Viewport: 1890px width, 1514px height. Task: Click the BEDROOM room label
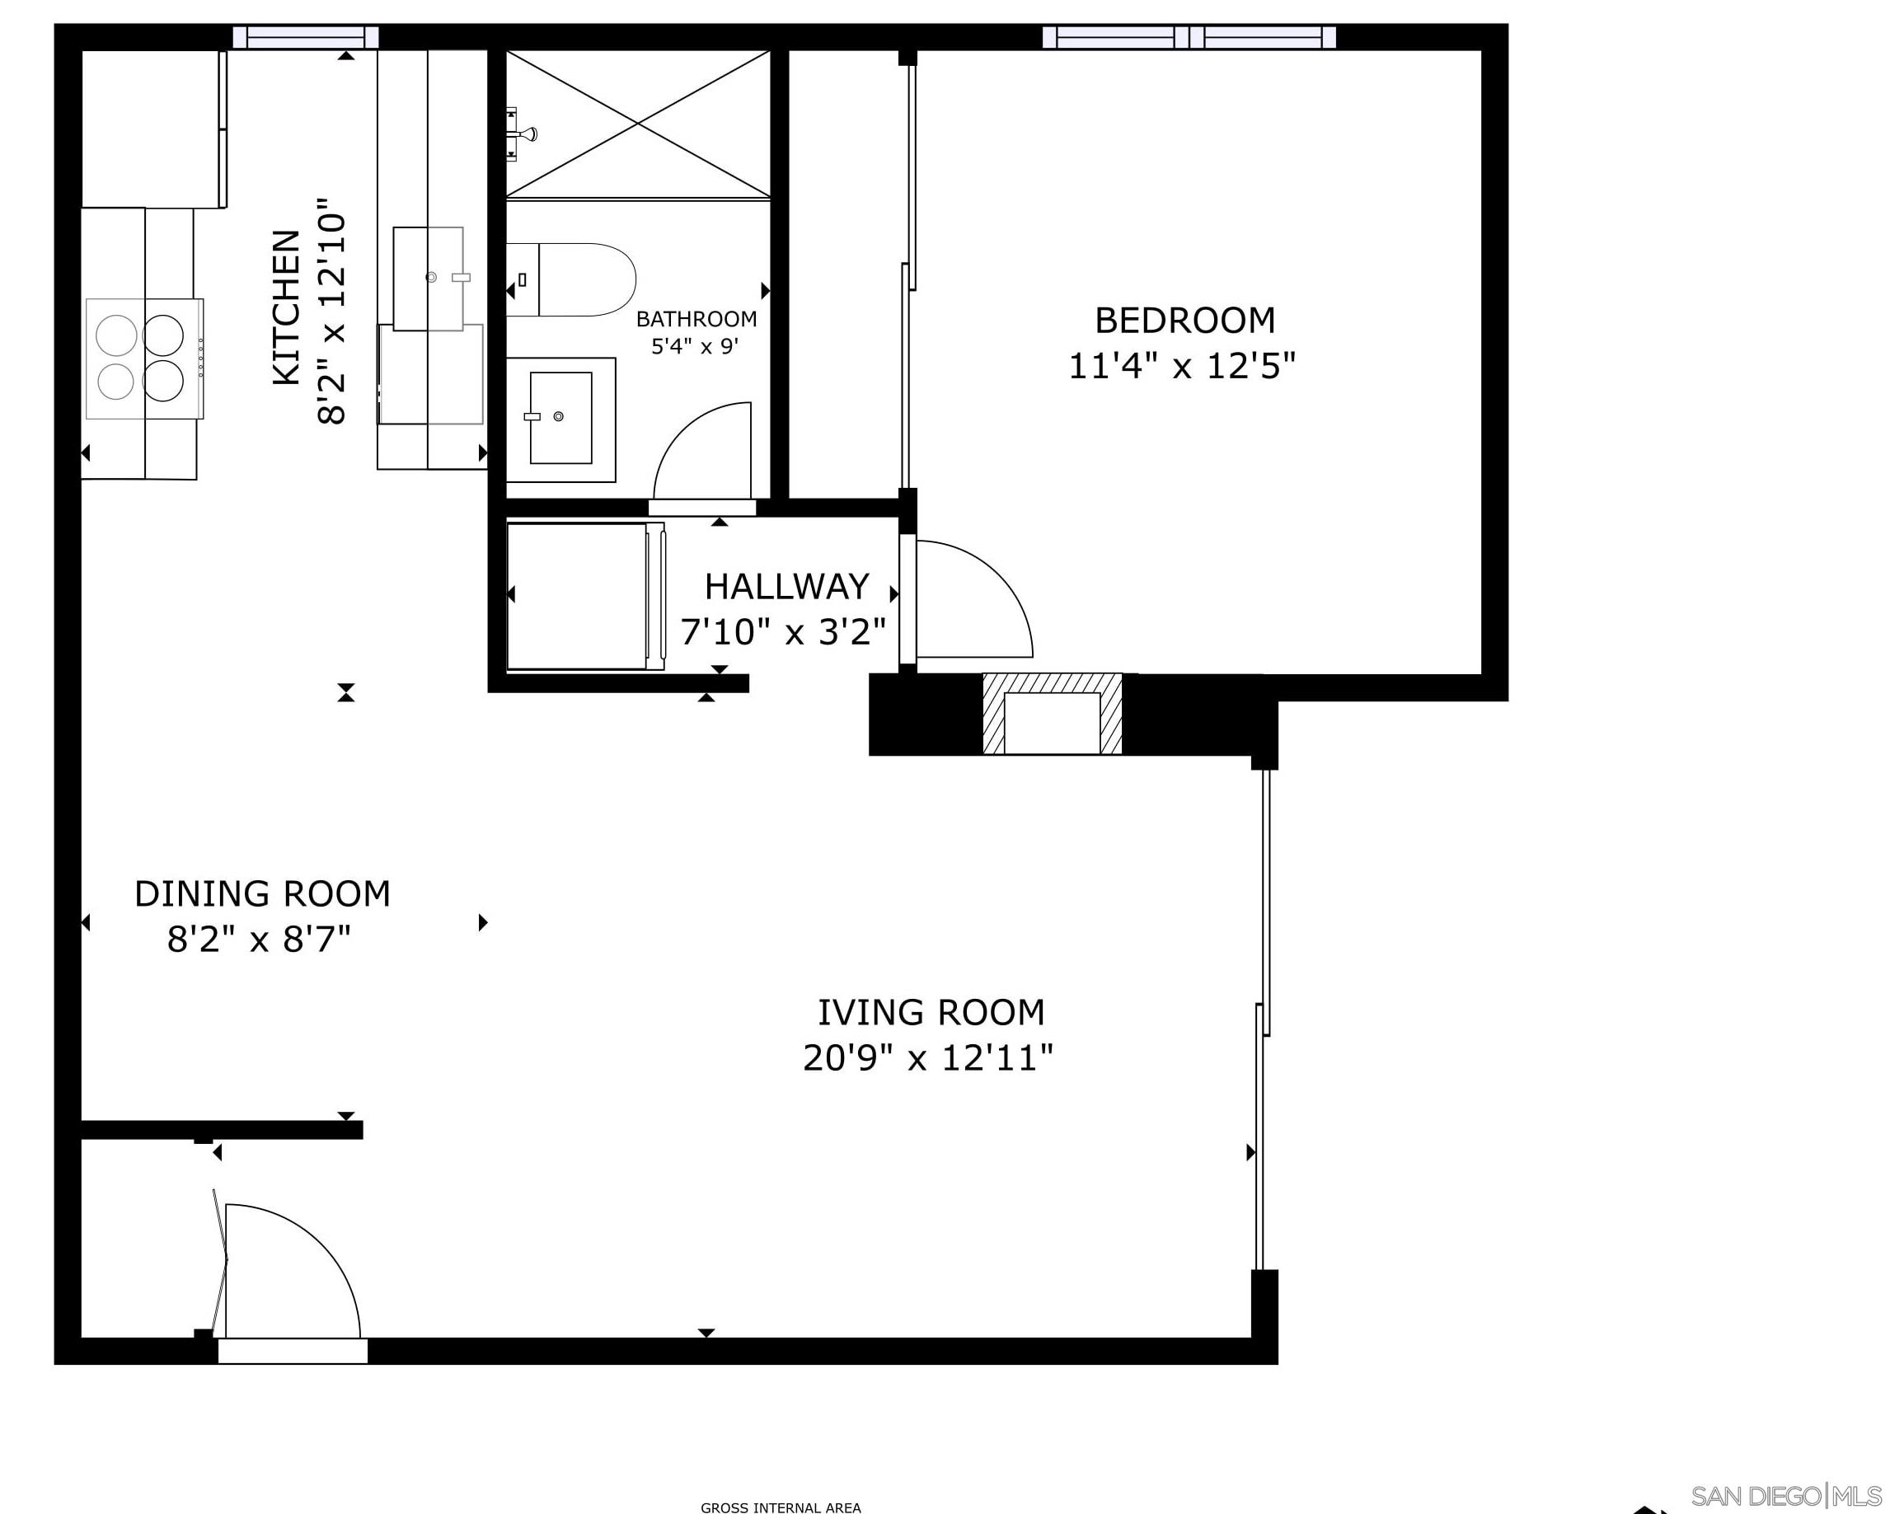(1184, 321)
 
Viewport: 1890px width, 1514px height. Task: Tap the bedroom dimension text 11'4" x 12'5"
(1182, 366)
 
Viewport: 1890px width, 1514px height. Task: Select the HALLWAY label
(786, 587)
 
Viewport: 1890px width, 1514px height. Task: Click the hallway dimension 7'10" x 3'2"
(783, 631)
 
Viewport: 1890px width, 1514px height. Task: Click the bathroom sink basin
(560, 417)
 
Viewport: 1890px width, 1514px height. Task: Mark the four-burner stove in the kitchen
(143, 359)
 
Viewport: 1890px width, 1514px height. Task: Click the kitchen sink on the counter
(429, 278)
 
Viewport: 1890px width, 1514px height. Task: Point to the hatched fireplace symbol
(1052, 714)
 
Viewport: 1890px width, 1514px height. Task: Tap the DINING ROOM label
(262, 894)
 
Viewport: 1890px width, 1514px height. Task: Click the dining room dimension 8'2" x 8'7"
(260, 940)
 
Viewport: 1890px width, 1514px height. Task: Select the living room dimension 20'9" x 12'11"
(927, 1058)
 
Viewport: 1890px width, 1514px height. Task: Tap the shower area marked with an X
(638, 124)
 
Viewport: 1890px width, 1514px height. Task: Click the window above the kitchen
(305, 37)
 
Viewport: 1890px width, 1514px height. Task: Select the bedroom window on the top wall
(1189, 37)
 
